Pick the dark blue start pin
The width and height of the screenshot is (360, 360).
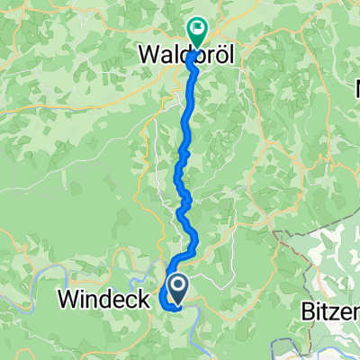[178, 290]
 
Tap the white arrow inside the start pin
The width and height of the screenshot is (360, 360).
[178, 288]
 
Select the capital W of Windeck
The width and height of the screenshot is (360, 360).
[71, 300]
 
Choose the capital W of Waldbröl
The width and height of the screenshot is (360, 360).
[149, 56]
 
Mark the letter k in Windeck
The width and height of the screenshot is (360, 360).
[144, 300]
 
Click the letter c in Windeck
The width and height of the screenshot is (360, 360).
[132, 300]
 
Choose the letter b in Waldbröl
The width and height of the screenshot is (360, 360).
[198, 56]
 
